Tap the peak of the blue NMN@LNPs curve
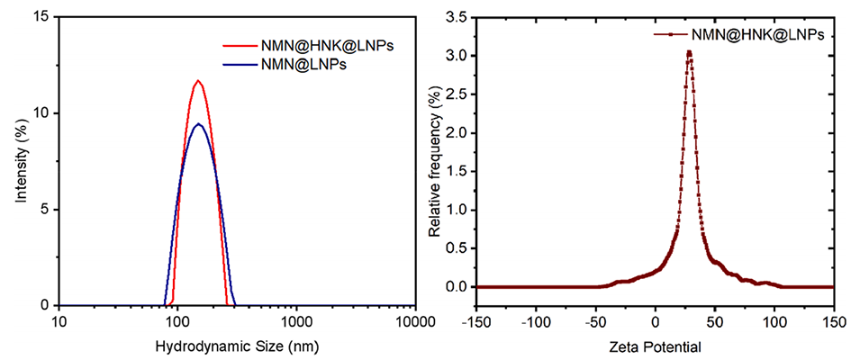(x=198, y=123)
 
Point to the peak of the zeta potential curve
(x=689, y=52)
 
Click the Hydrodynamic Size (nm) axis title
(x=238, y=346)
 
